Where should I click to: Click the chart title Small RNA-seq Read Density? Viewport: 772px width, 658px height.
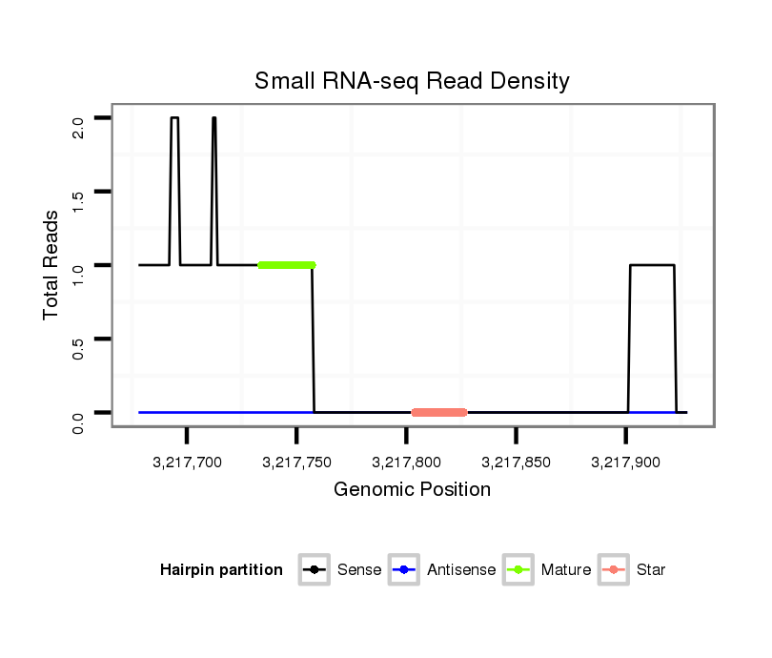[412, 81]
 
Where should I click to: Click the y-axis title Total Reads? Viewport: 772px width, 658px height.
[51, 265]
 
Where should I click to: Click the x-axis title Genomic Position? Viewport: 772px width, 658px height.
[412, 490]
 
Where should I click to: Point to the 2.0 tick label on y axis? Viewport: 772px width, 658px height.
[78, 126]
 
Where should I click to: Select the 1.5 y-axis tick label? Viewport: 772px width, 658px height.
[78, 200]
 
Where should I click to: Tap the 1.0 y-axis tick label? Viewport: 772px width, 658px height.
[78, 274]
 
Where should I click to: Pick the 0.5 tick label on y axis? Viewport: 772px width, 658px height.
[78, 347]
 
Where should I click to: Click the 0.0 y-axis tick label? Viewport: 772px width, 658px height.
[78, 422]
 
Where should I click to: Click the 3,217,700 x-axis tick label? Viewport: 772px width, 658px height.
[187, 463]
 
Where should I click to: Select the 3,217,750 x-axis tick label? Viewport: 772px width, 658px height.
[296, 463]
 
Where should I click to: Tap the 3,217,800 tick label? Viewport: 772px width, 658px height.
[406, 463]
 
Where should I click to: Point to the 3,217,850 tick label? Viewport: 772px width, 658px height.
[516, 463]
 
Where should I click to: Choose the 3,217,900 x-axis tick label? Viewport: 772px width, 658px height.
[625, 463]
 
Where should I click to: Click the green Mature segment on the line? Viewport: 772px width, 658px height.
[286, 264]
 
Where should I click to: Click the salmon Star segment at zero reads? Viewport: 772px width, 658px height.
[439, 413]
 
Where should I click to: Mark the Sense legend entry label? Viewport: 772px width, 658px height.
[359, 570]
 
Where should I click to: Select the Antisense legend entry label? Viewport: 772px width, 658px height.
[461, 570]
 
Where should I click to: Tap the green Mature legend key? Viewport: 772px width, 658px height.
[518, 570]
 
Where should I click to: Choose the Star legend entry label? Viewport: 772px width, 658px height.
[651, 570]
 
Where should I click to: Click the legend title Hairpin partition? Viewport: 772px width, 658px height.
[221, 570]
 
